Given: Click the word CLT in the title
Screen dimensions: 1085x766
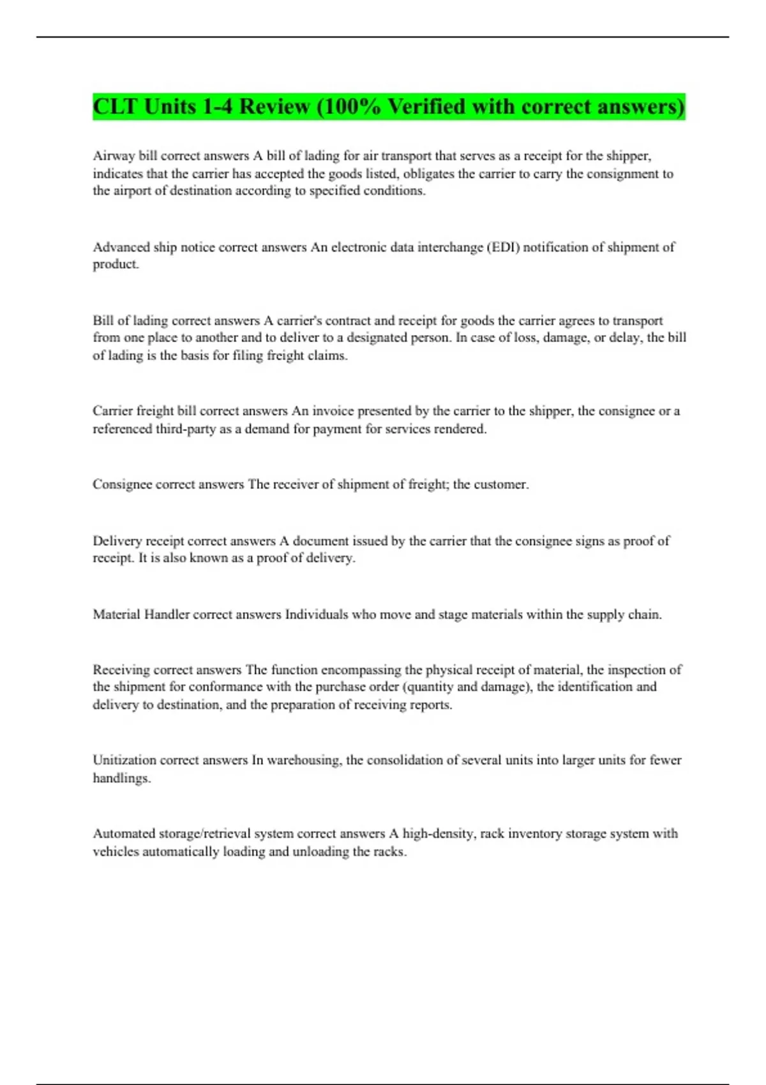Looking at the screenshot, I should (x=116, y=106).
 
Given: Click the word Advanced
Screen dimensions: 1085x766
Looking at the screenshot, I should (x=121, y=247).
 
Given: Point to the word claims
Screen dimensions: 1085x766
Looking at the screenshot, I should (x=328, y=355).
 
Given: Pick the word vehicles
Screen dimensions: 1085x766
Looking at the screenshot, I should (x=116, y=851).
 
